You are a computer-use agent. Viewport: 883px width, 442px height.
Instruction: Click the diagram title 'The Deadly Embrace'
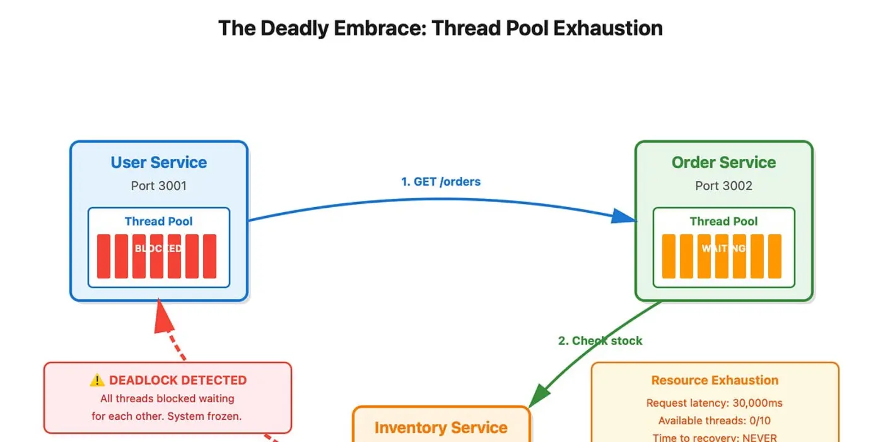[x=440, y=28]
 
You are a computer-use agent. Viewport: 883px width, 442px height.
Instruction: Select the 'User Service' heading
[x=159, y=162]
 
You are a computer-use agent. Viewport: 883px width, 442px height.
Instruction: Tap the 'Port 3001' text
[x=159, y=186]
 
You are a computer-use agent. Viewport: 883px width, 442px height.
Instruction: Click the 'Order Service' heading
[x=723, y=162]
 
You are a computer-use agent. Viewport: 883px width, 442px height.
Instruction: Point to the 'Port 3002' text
[x=723, y=186]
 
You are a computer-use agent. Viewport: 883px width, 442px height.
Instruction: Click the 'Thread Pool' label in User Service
[x=159, y=221]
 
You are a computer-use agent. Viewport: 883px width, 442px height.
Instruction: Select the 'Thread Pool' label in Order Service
[x=723, y=221]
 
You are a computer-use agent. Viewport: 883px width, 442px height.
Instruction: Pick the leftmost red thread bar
[x=103, y=256]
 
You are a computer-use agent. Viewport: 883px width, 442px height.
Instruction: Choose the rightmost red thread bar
[x=209, y=256]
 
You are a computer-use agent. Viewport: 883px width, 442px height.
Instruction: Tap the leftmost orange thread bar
[x=669, y=256]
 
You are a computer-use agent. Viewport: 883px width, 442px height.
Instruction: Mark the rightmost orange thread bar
[x=775, y=256]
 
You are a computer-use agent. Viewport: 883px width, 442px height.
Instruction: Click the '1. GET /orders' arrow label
[x=441, y=182]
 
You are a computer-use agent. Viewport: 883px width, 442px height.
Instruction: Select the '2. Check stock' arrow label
[x=600, y=340]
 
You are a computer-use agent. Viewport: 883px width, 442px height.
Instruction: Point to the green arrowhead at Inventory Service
[x=537, y=397]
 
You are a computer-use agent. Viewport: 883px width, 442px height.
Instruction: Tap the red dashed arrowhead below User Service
[x=164, y=319]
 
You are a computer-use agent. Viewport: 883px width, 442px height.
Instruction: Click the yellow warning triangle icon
[x=97, y=380]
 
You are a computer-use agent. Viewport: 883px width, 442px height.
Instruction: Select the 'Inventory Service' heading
[x=441, y=427]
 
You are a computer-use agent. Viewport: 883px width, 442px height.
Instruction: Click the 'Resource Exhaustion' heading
[x=715, y=380]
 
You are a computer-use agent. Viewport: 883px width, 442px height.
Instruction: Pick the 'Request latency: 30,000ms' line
[x=715, y=403]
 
